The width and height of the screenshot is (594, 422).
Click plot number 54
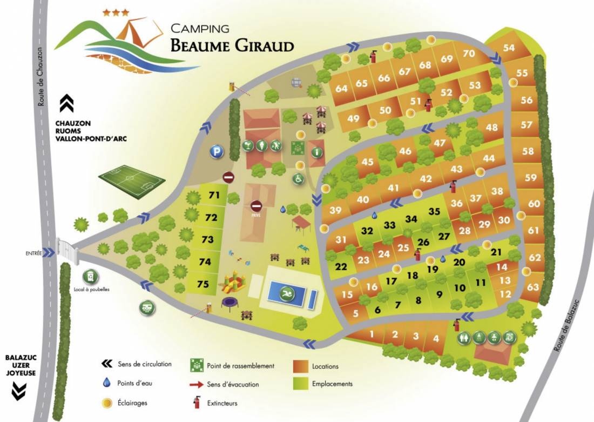click(509, 48)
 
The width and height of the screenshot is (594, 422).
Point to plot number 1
click(372, 334)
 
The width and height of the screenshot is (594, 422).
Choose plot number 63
click(533, 286)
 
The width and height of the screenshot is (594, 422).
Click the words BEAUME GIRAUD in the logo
click(232, 45)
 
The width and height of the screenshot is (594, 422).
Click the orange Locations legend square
click(301, 366)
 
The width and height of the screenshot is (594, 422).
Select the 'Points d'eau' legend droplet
click(107, 384)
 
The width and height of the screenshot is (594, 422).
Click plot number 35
click(434, 211)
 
